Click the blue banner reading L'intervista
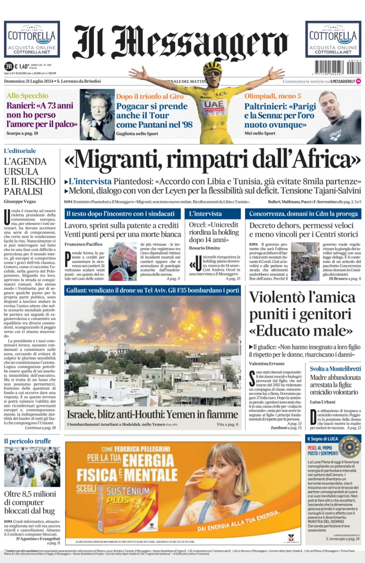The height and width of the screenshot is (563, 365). pyautogui.click(x=212, y=214)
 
